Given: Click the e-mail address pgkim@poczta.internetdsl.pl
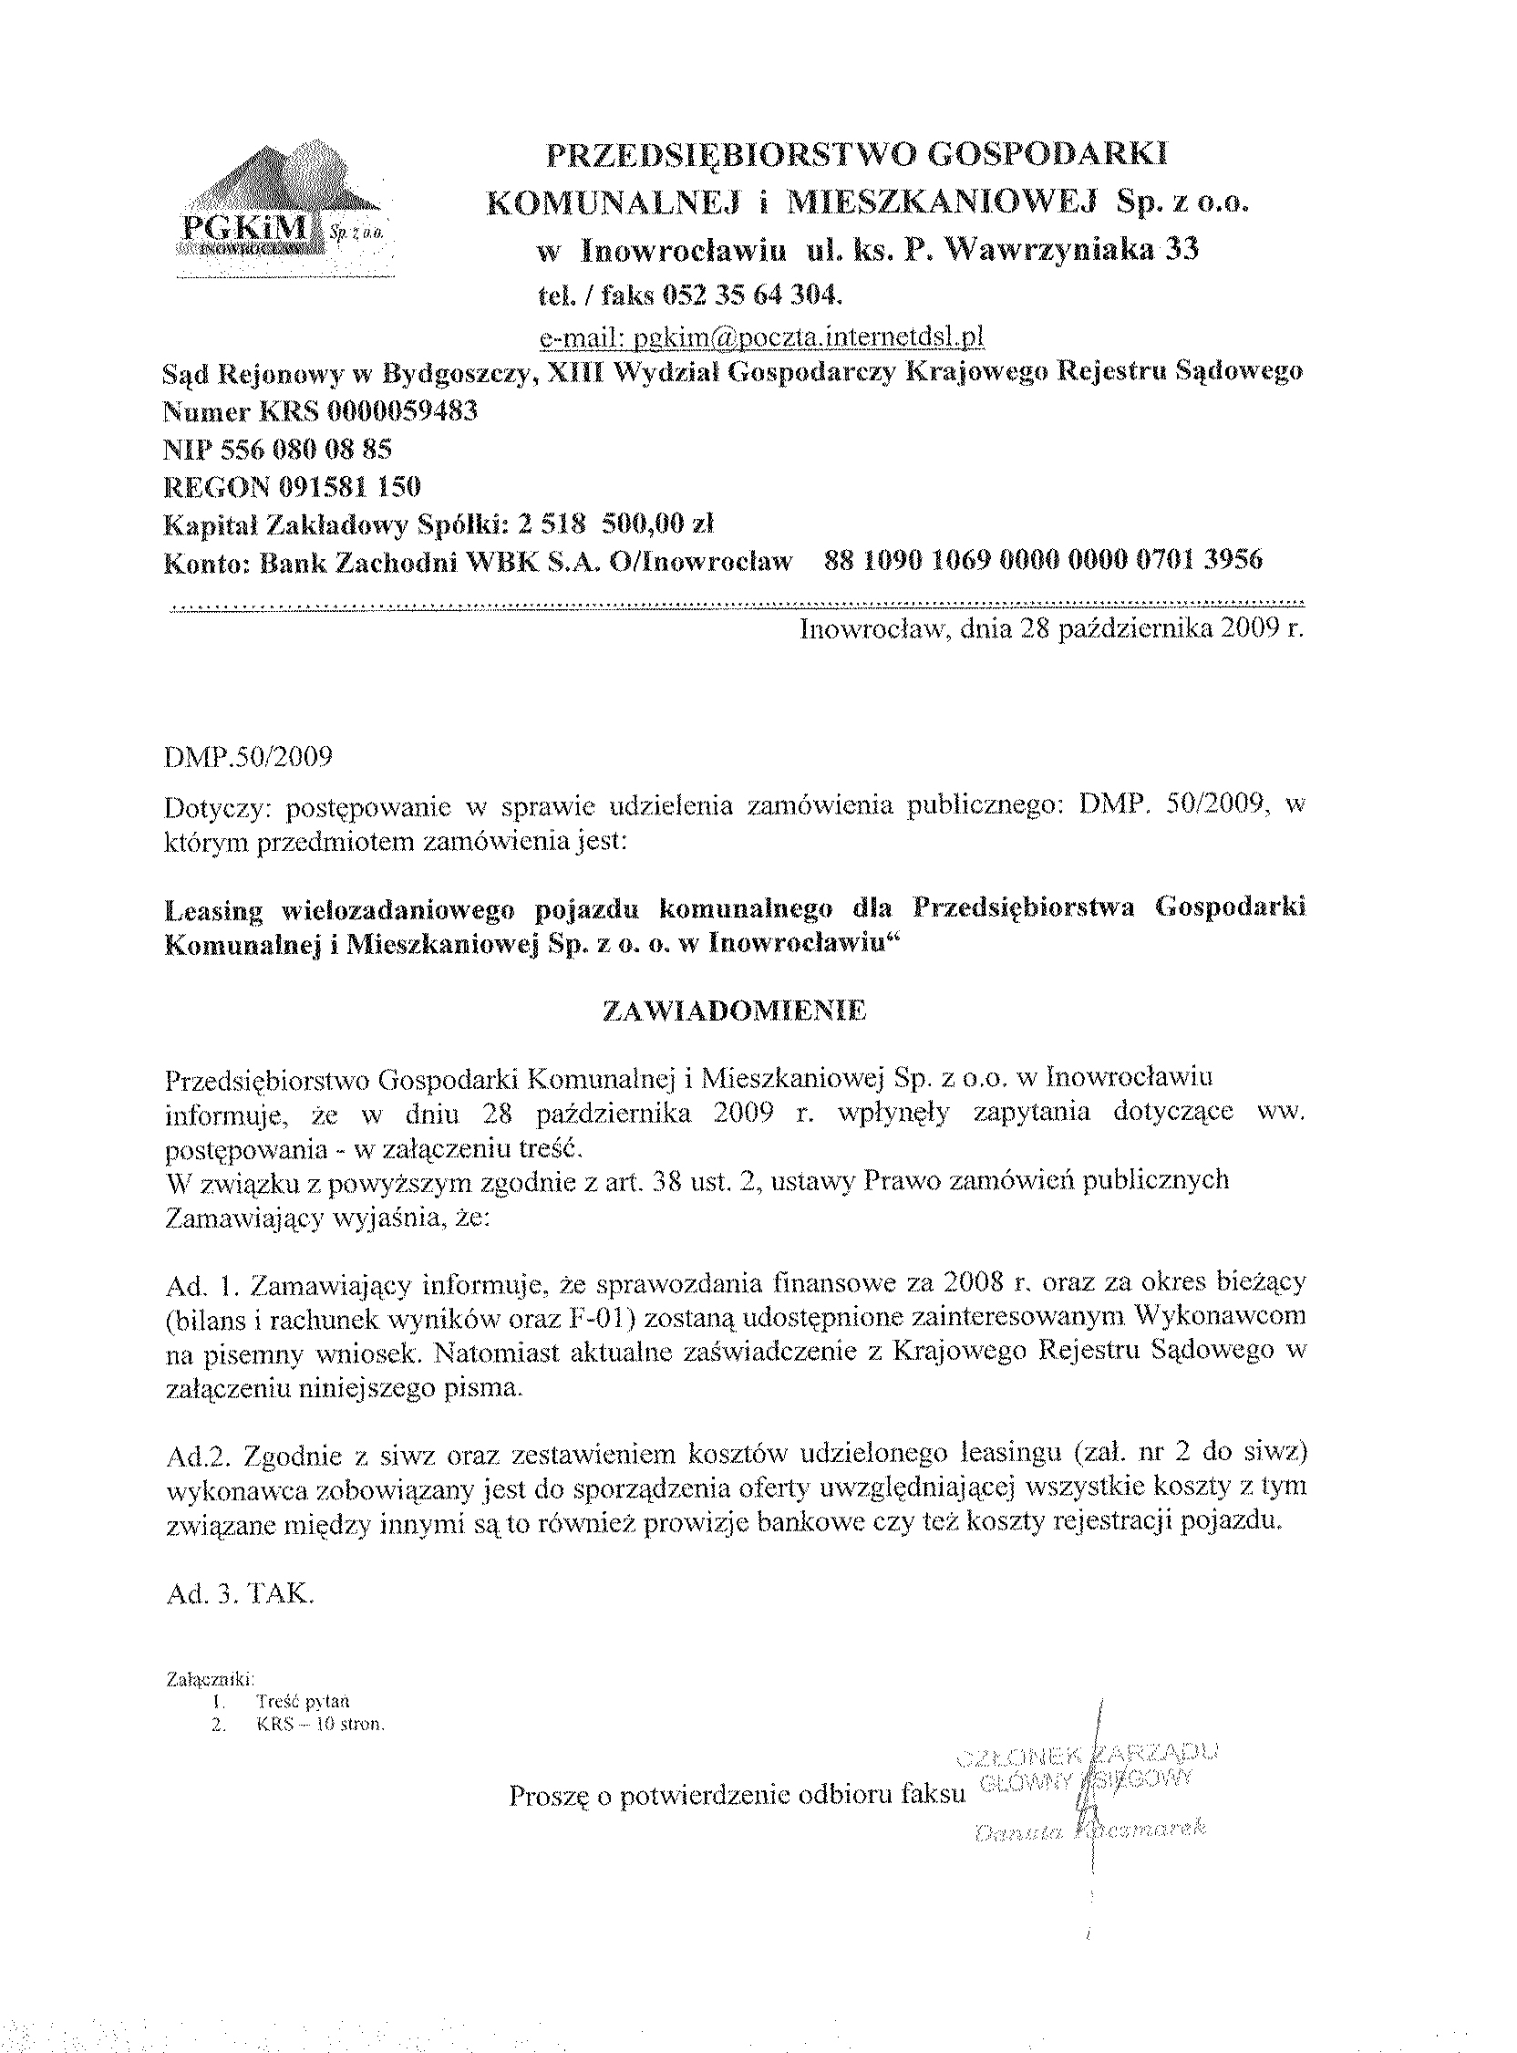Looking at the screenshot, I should tap(761, 338).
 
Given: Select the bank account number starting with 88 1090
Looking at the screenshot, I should tap(1043, 560).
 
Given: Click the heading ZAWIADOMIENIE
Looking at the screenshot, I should tap(734, 1011).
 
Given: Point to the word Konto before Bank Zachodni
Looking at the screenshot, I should tap(207, 561).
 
